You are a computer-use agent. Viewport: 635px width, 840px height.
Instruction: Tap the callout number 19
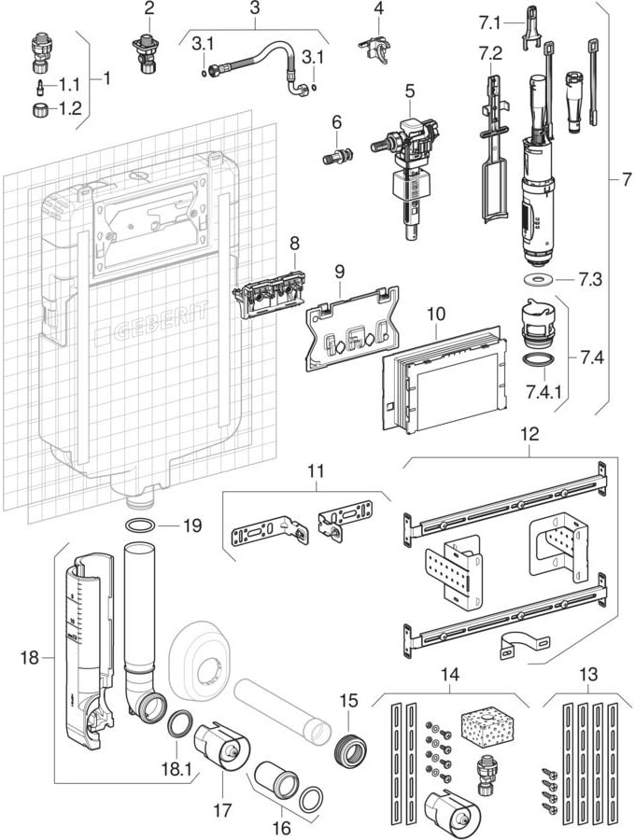(x=191, y=525)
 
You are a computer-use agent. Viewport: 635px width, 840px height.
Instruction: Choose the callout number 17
(x=221, y=811)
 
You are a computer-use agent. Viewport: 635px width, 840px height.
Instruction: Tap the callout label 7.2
(x=490, y=50)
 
